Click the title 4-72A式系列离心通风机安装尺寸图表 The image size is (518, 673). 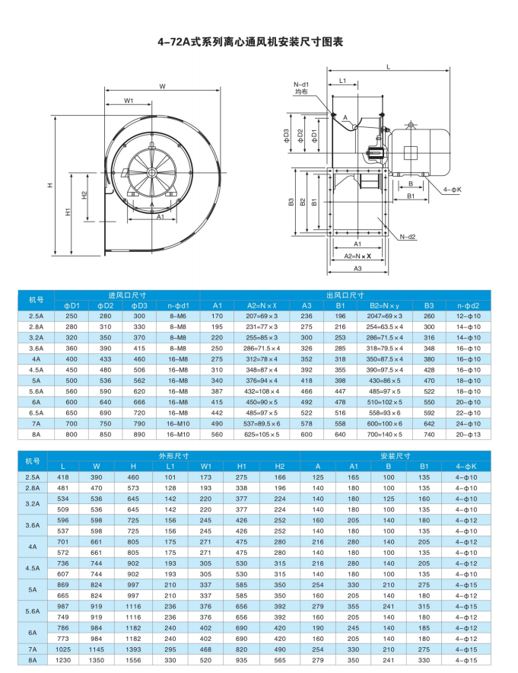coord(259,42)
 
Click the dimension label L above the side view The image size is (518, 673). coord(388,68)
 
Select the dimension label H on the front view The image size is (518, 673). coord(49,185)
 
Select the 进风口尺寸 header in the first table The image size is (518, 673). coord(127,295)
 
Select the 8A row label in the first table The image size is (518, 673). coord(35,434)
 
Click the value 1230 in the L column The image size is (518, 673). coord(63,661)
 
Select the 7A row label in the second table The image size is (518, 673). coord(33,649)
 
